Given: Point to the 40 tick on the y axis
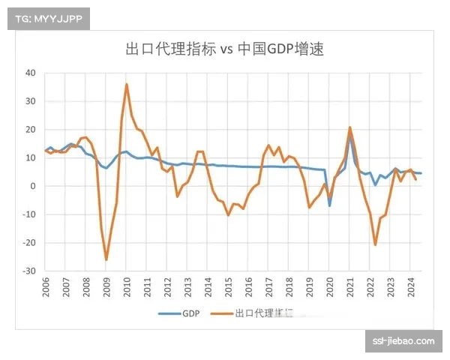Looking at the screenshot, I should point(30,73).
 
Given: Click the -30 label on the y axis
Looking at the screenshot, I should point(28,271).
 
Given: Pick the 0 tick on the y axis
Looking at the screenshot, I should point(33,186).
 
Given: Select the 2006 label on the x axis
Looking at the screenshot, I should point(46,288).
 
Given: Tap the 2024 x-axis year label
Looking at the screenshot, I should point(411,288).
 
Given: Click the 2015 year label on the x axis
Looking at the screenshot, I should point(229,288).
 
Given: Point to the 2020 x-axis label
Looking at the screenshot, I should point(330,288).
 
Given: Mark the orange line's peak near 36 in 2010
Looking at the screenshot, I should point(127,84).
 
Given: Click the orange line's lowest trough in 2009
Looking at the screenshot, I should point(106,259).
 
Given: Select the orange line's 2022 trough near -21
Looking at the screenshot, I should point(376,244).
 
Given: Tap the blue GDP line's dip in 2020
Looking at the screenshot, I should point(329,205).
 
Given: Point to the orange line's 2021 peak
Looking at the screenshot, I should point(350,127).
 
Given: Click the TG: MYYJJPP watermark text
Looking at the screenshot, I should point(47,18).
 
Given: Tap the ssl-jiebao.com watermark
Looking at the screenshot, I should point(403,341).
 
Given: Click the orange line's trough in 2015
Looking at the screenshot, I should point(229,215).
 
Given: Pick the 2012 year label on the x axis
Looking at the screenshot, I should point(168,288).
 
